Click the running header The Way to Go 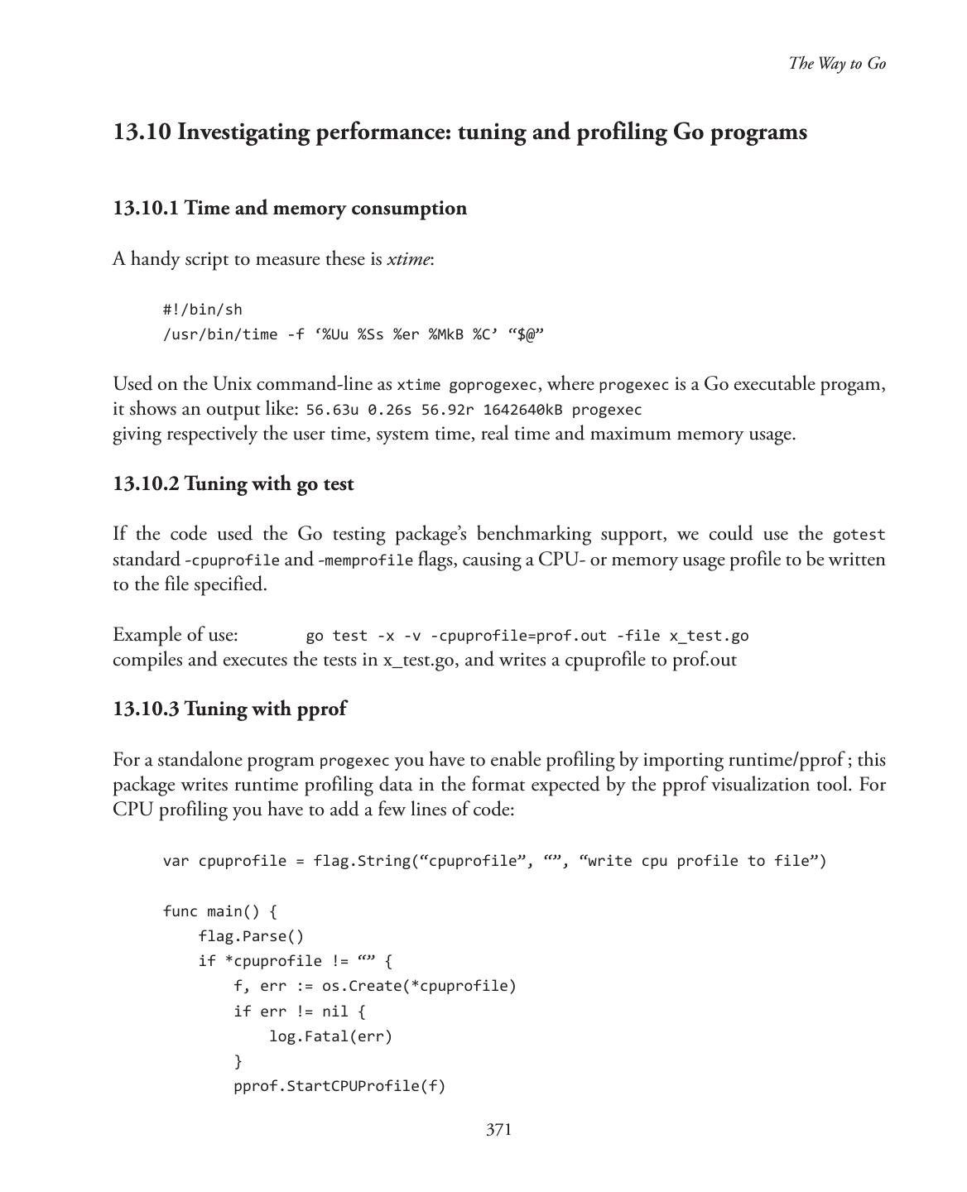click(x=837, y=64)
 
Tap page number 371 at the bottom click(x=498, y=1130)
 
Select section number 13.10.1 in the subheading click(x=146, y=208)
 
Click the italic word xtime click(x=408, y=259)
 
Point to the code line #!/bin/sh click(x=203, y=310)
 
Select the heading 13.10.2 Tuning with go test click(x=233, y=483)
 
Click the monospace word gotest click(x=859, y=536)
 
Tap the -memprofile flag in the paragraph click(x=365, y=561)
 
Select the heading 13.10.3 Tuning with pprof click(x=229, y=709)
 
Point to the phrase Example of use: click(x=176, y=635)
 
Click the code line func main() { click(x=220, y=911)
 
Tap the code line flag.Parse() click(x=251, y=936)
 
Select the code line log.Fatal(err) click(x=330, y=1036)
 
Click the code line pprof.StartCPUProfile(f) click(x=339, y=1086)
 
